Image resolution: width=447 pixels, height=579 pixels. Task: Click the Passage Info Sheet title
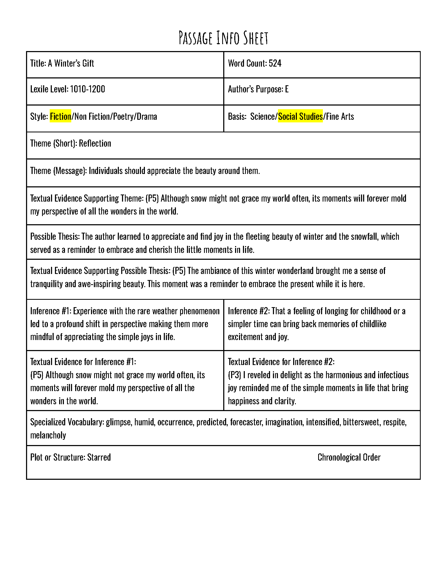(223, 38)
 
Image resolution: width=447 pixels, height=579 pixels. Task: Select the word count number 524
(275, 63)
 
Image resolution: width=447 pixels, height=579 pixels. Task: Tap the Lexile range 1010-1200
(87, 89)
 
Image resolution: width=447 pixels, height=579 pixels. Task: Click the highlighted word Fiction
(60, 116)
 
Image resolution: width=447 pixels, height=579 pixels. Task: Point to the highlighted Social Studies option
(300, 116)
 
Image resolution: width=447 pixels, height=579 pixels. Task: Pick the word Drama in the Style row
(147, 116)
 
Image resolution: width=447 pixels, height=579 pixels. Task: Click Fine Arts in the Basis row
(340, 116)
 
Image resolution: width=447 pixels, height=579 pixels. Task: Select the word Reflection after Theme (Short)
(95, 143)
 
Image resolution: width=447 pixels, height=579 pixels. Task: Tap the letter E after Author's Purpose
(287, 89)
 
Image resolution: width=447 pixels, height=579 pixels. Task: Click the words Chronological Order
(349, 457)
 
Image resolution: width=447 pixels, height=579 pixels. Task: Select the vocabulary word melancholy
(48, 435)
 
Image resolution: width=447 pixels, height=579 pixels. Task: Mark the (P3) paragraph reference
(234, 375)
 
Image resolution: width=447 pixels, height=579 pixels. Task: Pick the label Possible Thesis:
(55, 237)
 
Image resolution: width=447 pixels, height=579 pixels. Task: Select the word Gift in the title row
(88, 63)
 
